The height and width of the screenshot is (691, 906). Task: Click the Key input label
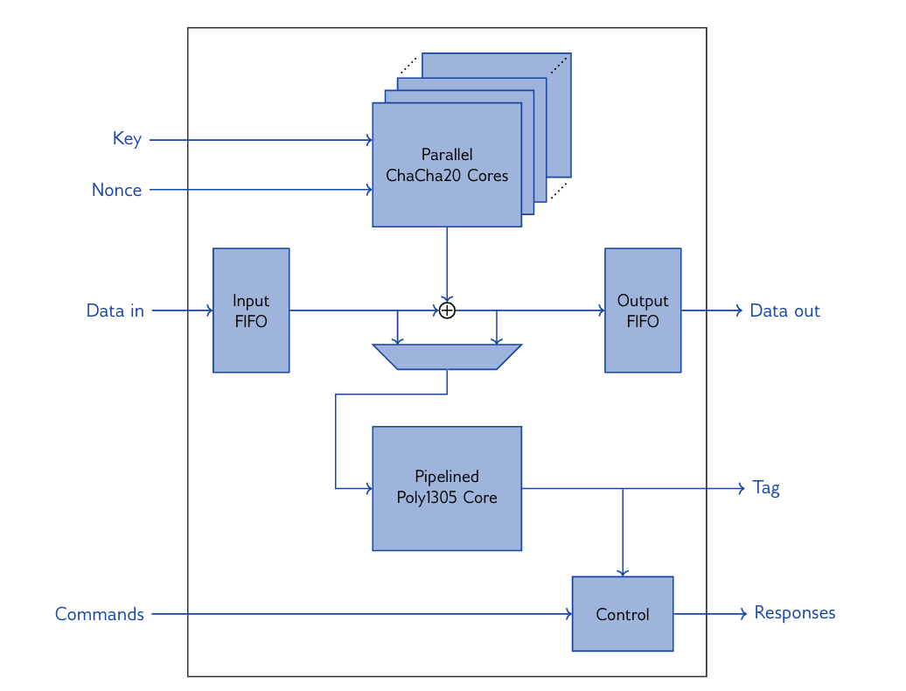pyautogui.click(x=127, y=139)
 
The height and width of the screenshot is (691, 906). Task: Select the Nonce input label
pyautogui.click(x=116, y=190)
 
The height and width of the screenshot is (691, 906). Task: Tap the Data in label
pyautogui.click(x=115, y=311)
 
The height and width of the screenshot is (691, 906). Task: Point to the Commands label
pyautogui.click(x=99, y=614)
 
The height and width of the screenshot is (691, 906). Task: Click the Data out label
pyautogui.click(x=784, y=311)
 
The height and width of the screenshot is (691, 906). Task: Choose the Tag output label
pyautogui.click(x=765, y=488)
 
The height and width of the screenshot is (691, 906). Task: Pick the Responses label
pyautogui.click(x=794, y=613)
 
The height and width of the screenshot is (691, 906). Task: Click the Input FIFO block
pyautogui.click(x=251, y=311)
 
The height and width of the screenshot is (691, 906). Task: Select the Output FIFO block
pyautogui.click(x=643, y=311)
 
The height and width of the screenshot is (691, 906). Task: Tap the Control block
pyautogui.click(x=623, y=614)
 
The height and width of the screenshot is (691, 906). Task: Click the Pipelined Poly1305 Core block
pyautogui.click(x=447, y=488)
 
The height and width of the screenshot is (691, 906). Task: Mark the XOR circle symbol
pyautogui.click(x=447, y=311)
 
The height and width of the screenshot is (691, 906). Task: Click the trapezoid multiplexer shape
pyautogui.click(x=447, y=357)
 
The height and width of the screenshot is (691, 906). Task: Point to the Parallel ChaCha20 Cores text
pyautogui.click(x=447, y=165)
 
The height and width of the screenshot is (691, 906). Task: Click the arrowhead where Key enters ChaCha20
pyautogui.click(x=369, y=139)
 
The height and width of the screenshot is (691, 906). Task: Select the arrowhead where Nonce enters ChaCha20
pyautogui.click(x=369, y=189)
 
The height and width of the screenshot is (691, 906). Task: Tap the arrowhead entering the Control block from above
pyautogui.click(x=623, y=573)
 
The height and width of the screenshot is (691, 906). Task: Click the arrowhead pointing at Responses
pyautogui.click(x=742, y=614)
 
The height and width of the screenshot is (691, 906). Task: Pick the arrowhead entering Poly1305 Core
pyautogui.click(x=369, y=488)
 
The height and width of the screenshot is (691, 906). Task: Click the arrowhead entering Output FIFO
pyautogui.click(x=602, y=311)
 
